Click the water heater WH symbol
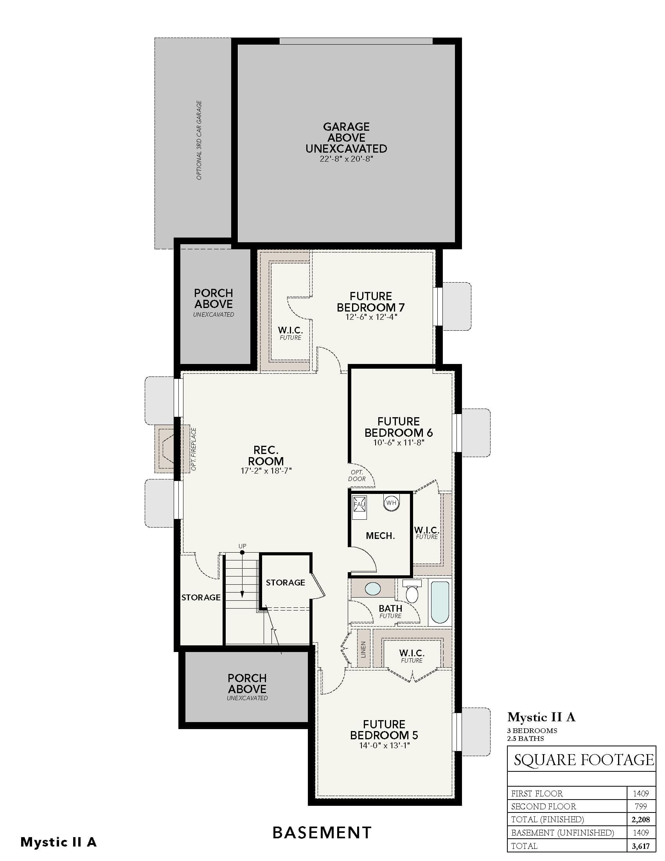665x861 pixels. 391,503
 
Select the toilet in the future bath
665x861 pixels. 412,591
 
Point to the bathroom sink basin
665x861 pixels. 373,589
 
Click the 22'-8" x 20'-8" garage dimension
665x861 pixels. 346,159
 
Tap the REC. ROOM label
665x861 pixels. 266,455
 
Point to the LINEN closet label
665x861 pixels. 363,649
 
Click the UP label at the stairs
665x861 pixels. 242,546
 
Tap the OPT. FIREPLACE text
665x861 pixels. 193,449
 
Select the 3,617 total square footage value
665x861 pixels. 641,846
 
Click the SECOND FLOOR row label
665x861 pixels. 543,806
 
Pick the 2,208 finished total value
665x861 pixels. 641,819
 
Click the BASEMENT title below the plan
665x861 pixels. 322,832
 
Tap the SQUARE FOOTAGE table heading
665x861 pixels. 584,760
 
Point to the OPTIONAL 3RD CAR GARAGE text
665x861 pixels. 199,140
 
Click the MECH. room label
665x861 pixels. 380,536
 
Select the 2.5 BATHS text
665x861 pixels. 525,739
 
